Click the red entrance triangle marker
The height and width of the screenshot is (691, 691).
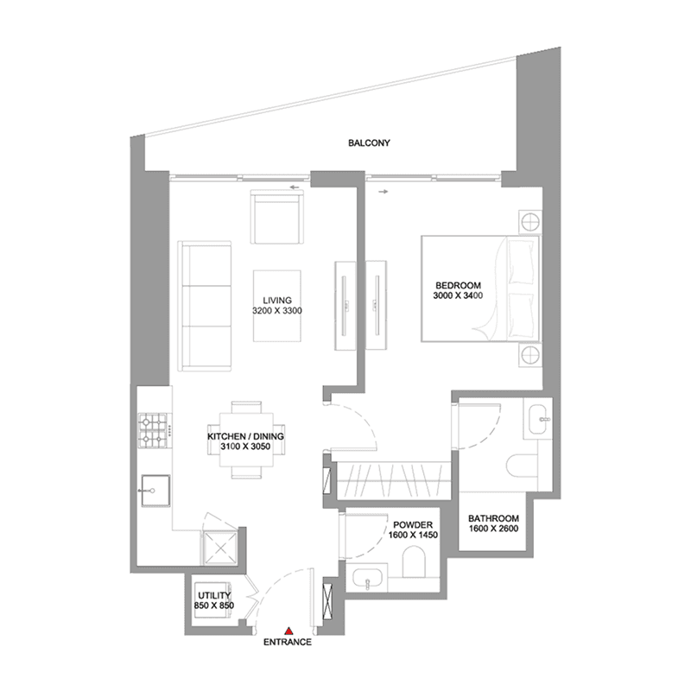point(288,631)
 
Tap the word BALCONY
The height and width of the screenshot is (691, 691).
point(369,143)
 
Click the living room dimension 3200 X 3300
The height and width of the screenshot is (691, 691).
point(277,311)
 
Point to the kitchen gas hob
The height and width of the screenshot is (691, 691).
point(153,429)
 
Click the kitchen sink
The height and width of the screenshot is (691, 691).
point(155,491)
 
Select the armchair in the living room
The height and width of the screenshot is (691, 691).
point(276,217)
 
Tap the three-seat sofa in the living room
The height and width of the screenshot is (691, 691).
point(205,306)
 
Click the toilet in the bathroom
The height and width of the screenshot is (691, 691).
point(523,466)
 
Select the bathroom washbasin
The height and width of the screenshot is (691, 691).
point(538,418)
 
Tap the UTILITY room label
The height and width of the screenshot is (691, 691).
point(214,596)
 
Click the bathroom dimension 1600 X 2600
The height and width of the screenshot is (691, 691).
point(493,529)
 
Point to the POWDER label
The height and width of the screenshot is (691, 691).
point(413,525)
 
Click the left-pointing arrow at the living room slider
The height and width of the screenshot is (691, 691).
point(295,187)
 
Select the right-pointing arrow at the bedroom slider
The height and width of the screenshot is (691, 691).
point(384,192)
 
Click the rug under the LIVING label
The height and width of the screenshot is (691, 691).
point(277,306)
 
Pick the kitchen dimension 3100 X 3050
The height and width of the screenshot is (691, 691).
point(245,447)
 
